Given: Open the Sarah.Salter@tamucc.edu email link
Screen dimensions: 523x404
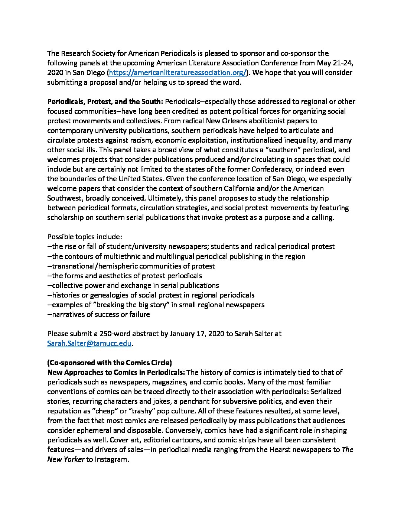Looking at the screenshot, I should (x=89, y=344).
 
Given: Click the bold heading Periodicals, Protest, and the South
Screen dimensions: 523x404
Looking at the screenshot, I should (x=105, y=102).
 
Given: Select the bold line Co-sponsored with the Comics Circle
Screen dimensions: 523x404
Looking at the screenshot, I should (x=110, y=363).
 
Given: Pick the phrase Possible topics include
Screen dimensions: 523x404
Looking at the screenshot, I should (x=85, y=237).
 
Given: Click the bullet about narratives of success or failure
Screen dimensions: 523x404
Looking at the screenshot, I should (x=99, y=315).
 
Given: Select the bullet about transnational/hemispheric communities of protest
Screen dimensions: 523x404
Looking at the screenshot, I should (x=131, y=266).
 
